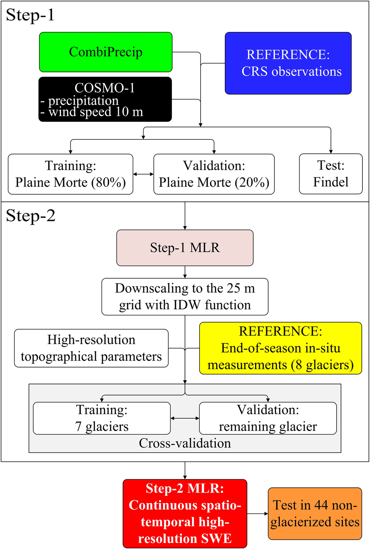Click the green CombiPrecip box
click(106, 52)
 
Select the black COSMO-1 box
click(105, 99)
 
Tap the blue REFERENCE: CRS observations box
click(288, 63)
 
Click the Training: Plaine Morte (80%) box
click(70, 174)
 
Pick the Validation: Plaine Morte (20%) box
click(214, 174)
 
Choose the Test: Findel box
click(331, 174)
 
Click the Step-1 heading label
click(30, 15)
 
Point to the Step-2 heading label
click(30, 216)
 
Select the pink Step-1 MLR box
click(185, 248)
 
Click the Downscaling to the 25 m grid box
click(185, 297)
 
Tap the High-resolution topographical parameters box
click(91, 348)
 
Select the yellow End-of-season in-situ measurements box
click(280, 348)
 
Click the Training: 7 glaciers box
click(102, 418)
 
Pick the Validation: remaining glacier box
click(268, 418)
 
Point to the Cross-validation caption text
click(185, 443)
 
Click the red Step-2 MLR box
click(185, 513)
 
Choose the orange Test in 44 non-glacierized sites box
click(315, 513)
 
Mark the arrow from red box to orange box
click(257, 514)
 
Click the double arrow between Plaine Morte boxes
click(143, 174)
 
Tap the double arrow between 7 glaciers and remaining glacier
click(185, 419)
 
